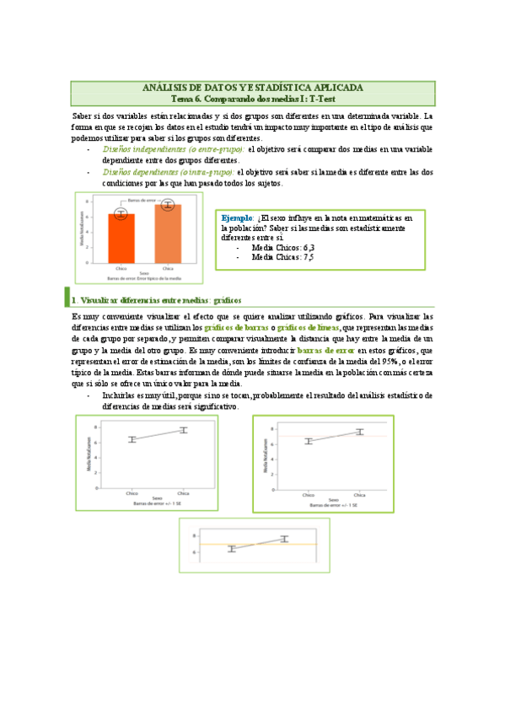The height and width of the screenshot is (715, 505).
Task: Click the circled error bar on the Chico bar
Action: click(121, 214)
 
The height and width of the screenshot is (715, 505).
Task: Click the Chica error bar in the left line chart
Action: click(183, 431)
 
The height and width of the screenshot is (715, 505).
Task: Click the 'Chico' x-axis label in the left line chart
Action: click(132, 492)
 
